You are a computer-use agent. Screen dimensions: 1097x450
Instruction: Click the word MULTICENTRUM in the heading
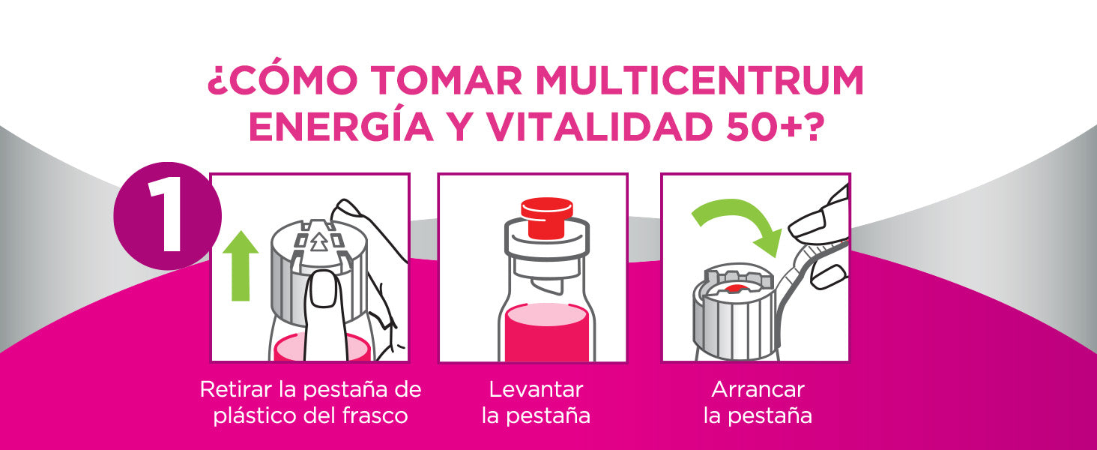(699, 80)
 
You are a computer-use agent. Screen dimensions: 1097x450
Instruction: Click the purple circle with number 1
(168, 216)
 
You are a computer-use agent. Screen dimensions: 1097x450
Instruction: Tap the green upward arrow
(241, 266)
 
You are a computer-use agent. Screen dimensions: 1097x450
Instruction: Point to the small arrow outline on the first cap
(318, 241)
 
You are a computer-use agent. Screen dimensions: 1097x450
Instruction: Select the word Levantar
(537, 390)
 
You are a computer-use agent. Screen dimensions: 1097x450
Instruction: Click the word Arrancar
(758, 390)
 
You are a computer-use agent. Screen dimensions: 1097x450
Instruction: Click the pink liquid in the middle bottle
(546, 333)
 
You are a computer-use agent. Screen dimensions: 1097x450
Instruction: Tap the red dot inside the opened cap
(733, 288)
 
